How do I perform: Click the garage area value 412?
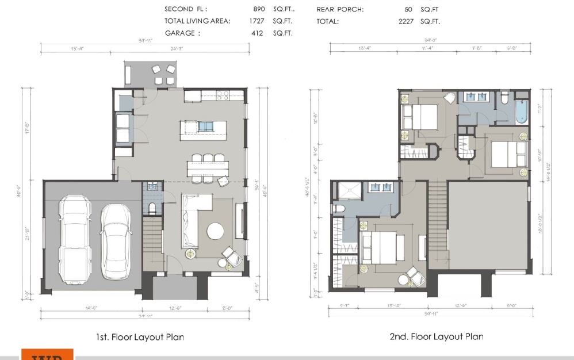[257, 33]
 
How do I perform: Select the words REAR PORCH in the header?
[340, 9]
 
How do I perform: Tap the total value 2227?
[405, 21]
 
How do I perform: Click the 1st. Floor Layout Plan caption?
[140, 337]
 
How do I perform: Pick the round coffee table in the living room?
[216, 231]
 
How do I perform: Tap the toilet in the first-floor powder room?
[152, 208]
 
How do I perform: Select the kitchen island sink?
[205, 127]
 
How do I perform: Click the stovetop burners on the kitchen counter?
[223, 95]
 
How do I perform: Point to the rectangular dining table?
[207, 168]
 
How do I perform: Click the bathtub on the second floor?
[522, 112]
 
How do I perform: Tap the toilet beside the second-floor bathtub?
[505, 98]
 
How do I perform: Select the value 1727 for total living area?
[257, 21]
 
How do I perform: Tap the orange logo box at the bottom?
[48, 354]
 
